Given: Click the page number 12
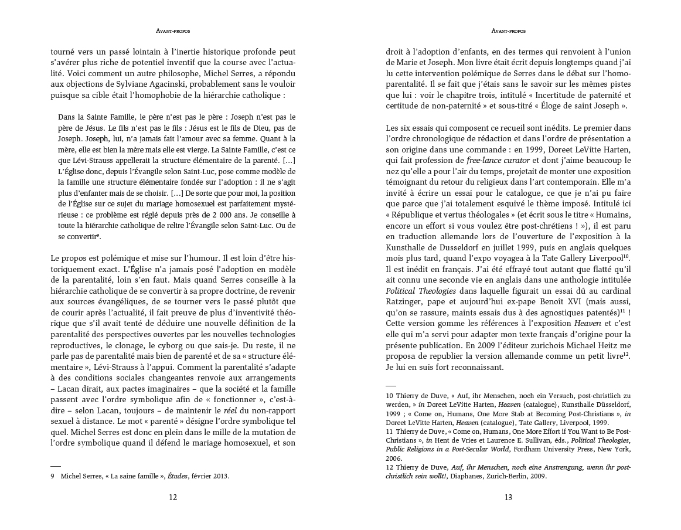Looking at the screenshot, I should pos(173,498).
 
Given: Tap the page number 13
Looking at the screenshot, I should pos(508,498).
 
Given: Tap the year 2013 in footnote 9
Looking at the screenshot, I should pos(220,477).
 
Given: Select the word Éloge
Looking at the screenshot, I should pos(543,106).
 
